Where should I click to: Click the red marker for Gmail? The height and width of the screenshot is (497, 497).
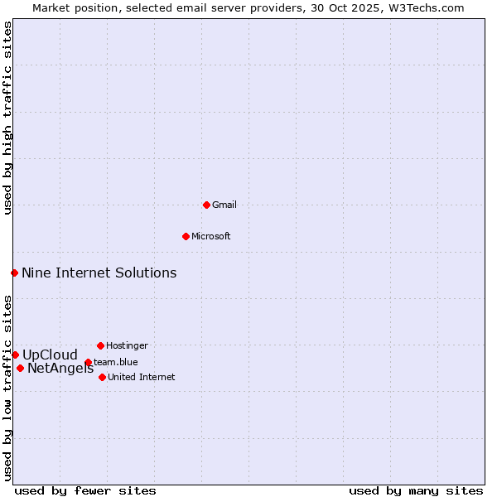coord(206,205)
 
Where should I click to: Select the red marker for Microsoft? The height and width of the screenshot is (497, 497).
coord(186,236)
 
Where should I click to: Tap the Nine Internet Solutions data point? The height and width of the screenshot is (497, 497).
coord(14,273)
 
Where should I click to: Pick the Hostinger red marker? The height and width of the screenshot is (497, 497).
coord(100,345)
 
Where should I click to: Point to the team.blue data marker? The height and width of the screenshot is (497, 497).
coord(88,362)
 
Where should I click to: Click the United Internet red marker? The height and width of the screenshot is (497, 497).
coord(102,377)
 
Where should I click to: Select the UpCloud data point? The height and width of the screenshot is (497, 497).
coord(15,355)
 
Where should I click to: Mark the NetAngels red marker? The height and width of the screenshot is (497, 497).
coord(20,368)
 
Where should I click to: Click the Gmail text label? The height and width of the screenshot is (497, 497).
coord(224,205)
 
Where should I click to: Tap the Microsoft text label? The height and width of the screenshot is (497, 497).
coord(211,236)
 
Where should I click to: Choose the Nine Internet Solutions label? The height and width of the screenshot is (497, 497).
coord(99,273)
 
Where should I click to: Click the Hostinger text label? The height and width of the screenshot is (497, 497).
coord(127,345)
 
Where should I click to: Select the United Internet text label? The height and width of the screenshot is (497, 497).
coord(141,377)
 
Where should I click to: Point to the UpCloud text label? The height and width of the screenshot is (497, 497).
coord(50,355)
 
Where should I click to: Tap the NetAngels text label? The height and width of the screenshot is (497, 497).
coord(60,369)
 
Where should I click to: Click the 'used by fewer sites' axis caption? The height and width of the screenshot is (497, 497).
coord(85,490)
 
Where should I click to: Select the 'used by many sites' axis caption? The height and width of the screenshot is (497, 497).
coord(416,490)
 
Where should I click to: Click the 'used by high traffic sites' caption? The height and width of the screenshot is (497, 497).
coord(8,118)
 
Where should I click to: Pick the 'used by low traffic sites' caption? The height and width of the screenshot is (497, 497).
coord(8,388)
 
